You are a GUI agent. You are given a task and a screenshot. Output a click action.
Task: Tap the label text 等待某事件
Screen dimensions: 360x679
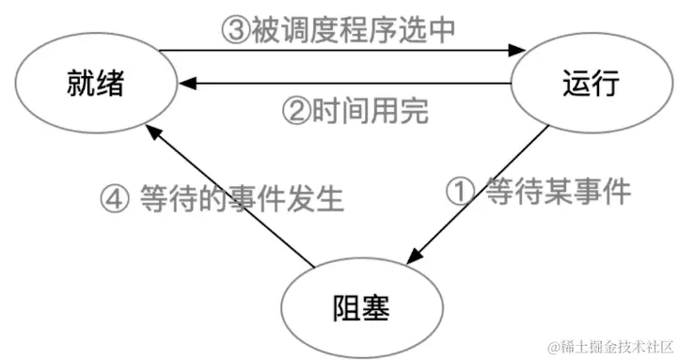[x=556, y=192]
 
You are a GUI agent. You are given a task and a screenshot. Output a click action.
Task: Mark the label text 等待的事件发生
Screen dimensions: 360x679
[x=243, y=200]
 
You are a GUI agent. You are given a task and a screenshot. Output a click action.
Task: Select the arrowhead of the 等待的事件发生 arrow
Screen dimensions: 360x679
[x=159, y=134]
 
